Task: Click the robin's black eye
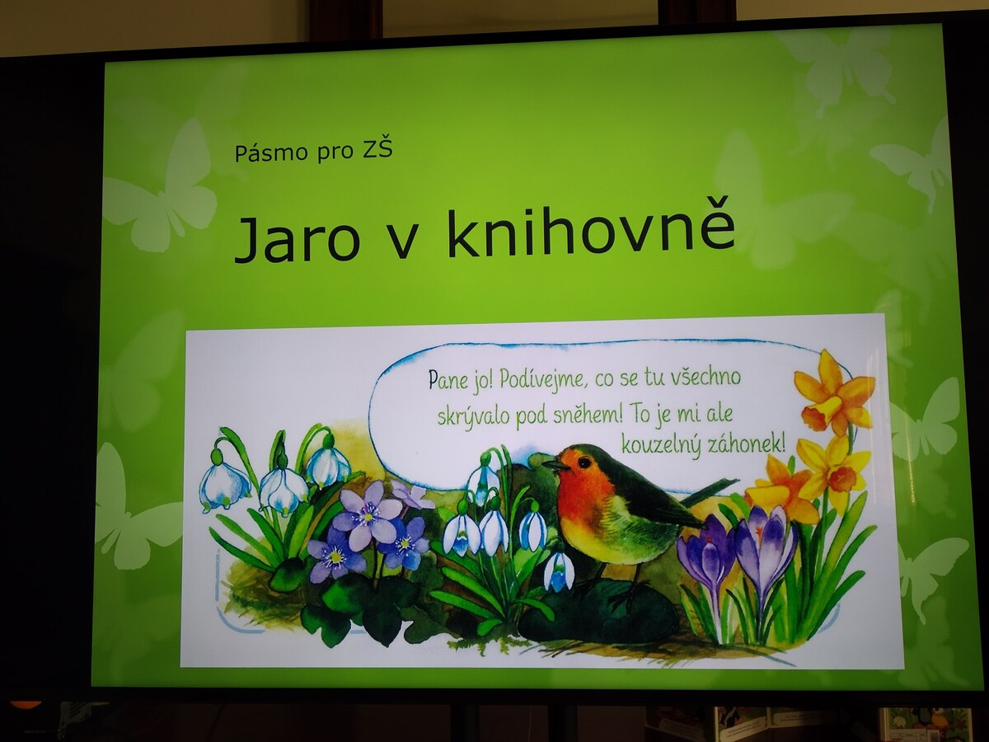584,463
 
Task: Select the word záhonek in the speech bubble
746,444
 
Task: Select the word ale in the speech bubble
719,416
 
